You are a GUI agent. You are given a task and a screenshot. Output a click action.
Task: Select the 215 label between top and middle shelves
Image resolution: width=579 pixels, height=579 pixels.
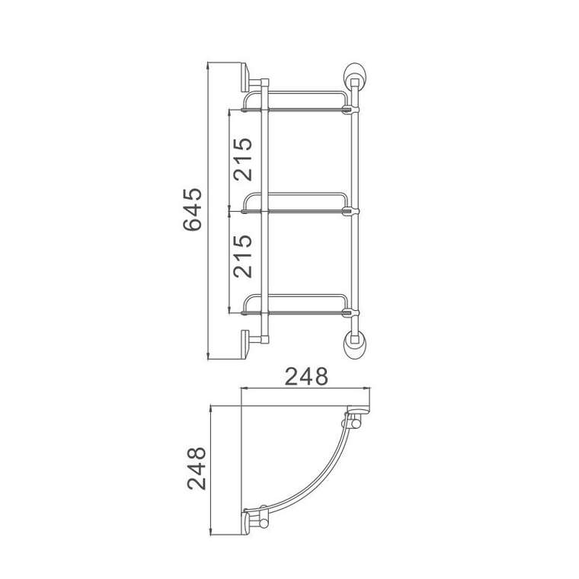243,158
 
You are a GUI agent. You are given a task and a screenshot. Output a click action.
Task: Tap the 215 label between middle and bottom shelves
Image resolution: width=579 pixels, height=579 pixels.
243,257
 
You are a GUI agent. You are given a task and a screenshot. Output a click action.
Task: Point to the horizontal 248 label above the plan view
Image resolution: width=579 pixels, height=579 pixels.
305,376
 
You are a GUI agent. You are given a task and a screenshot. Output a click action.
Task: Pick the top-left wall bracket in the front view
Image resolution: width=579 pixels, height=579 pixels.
252,78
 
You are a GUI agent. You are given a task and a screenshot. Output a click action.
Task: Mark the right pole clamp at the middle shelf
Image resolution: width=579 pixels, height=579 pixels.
351,210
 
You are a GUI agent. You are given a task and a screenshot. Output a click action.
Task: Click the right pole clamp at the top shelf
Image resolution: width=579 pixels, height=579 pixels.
351,110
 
